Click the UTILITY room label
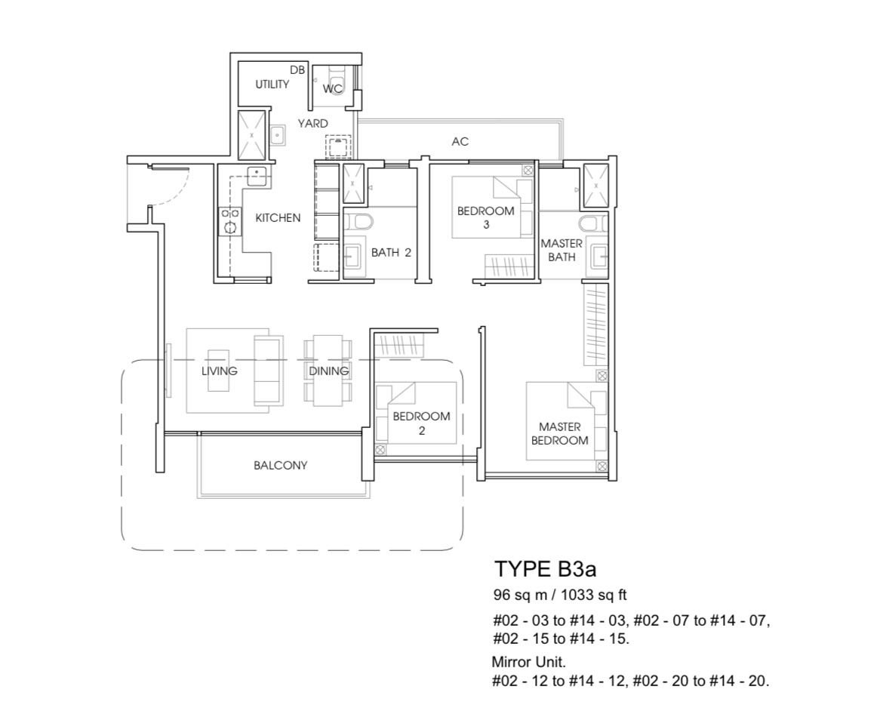click(272, 84)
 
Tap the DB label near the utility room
click(297, 70)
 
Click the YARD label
click(312, 123)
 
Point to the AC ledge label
click(460, 141)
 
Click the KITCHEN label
click(278, 218)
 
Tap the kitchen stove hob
click(230, 221)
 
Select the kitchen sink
click(257, 176)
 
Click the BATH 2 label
click(391, 253)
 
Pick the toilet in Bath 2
click(358, 221)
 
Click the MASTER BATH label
click(561, 250)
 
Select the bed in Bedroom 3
click(492, 208)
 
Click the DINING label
click(328, 371)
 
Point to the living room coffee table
click(219, 370)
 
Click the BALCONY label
click(281, 465)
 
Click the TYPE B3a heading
click(545, 569)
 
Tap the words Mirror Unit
click(528, 661)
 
